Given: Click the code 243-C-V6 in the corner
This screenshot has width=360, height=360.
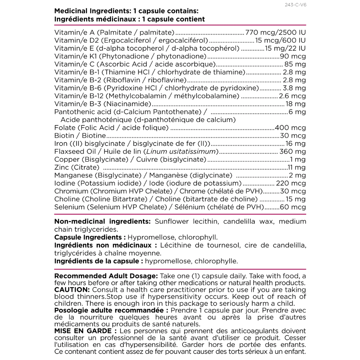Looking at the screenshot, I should pos(296,5).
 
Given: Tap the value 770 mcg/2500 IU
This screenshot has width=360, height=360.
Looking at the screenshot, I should pos(275,33).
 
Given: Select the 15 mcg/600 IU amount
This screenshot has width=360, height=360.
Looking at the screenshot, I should pos(280,41).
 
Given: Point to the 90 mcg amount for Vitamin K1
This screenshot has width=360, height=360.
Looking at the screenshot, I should pos(293,56).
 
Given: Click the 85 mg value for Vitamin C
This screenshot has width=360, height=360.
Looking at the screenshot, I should pos(295,64).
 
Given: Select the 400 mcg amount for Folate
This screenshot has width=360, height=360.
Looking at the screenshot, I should pos(290,128).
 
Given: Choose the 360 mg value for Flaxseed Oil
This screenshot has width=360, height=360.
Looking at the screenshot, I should pos(292,152).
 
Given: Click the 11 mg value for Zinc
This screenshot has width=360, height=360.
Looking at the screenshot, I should pos(297,167).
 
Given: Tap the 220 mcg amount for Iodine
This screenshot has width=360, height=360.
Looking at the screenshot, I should pos(291,183).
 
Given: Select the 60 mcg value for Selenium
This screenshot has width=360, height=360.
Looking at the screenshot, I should pos(293,207).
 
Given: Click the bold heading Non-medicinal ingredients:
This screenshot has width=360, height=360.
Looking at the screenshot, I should pos(102,222).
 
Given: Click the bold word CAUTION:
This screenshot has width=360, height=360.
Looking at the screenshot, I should pos(72,290).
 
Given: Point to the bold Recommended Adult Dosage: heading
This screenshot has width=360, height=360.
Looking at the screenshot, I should pos(106,276).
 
